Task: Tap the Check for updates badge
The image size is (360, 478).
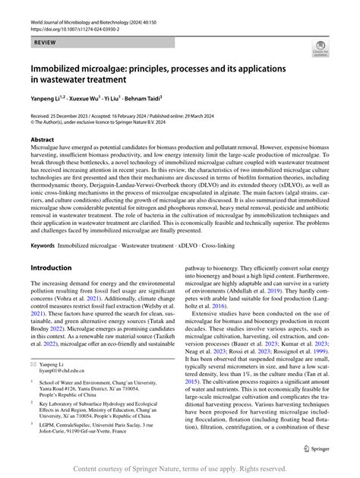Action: point(320,52)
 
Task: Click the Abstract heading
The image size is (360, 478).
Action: point(42,140)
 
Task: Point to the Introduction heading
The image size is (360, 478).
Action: point(55,268)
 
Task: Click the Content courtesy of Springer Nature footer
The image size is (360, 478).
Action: point(179,468)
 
